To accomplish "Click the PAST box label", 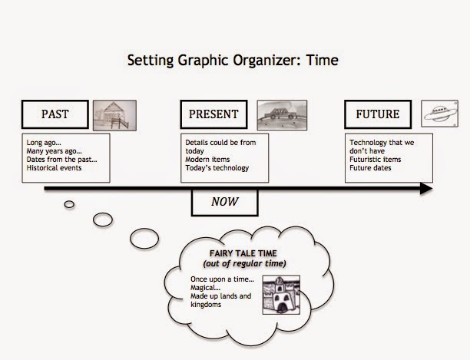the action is [x=55, y=115].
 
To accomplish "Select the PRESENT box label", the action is [x=214, y=115].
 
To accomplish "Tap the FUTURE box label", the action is [x=378, y=115].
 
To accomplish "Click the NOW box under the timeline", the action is [x=224, y=203].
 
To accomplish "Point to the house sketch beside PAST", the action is [x=114, y=114].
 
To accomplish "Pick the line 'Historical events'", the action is [x=54, y=167].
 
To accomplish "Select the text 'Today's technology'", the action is [x=217, y=167].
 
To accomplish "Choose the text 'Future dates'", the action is [x=371, y=167].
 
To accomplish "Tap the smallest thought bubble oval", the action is [x=69, y=203].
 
